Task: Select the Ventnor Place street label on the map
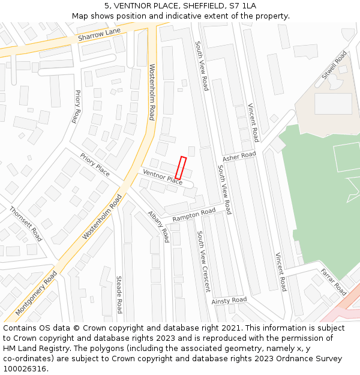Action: coord(162,176)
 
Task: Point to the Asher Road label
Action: coord(239,157)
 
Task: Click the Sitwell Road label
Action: coord(334,65)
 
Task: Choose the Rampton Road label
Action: coord(193,215)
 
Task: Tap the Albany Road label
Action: coord(159,227)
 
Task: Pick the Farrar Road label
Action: coord(333,282)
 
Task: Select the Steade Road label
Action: coord(119,295)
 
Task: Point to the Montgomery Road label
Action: coord(36,293)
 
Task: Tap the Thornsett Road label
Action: coord(26,223)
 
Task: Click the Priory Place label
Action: coord(95,164)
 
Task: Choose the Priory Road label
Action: coord(76,107)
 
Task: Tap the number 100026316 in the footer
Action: coord(26,369)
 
